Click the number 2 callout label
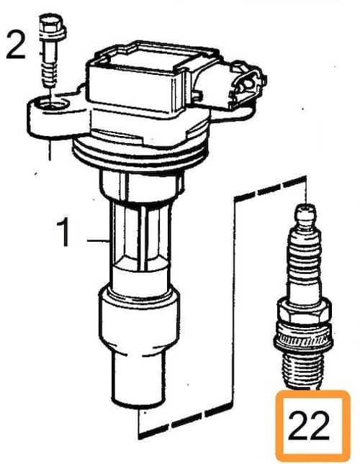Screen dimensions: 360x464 tap(15, 45)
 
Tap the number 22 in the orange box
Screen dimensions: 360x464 tap(308, 426)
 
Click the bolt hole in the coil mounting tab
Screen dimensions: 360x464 tap(53, 104)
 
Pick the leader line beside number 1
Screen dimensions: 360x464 tap(99, 241)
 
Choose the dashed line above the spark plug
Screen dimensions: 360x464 tap(270, 188)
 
